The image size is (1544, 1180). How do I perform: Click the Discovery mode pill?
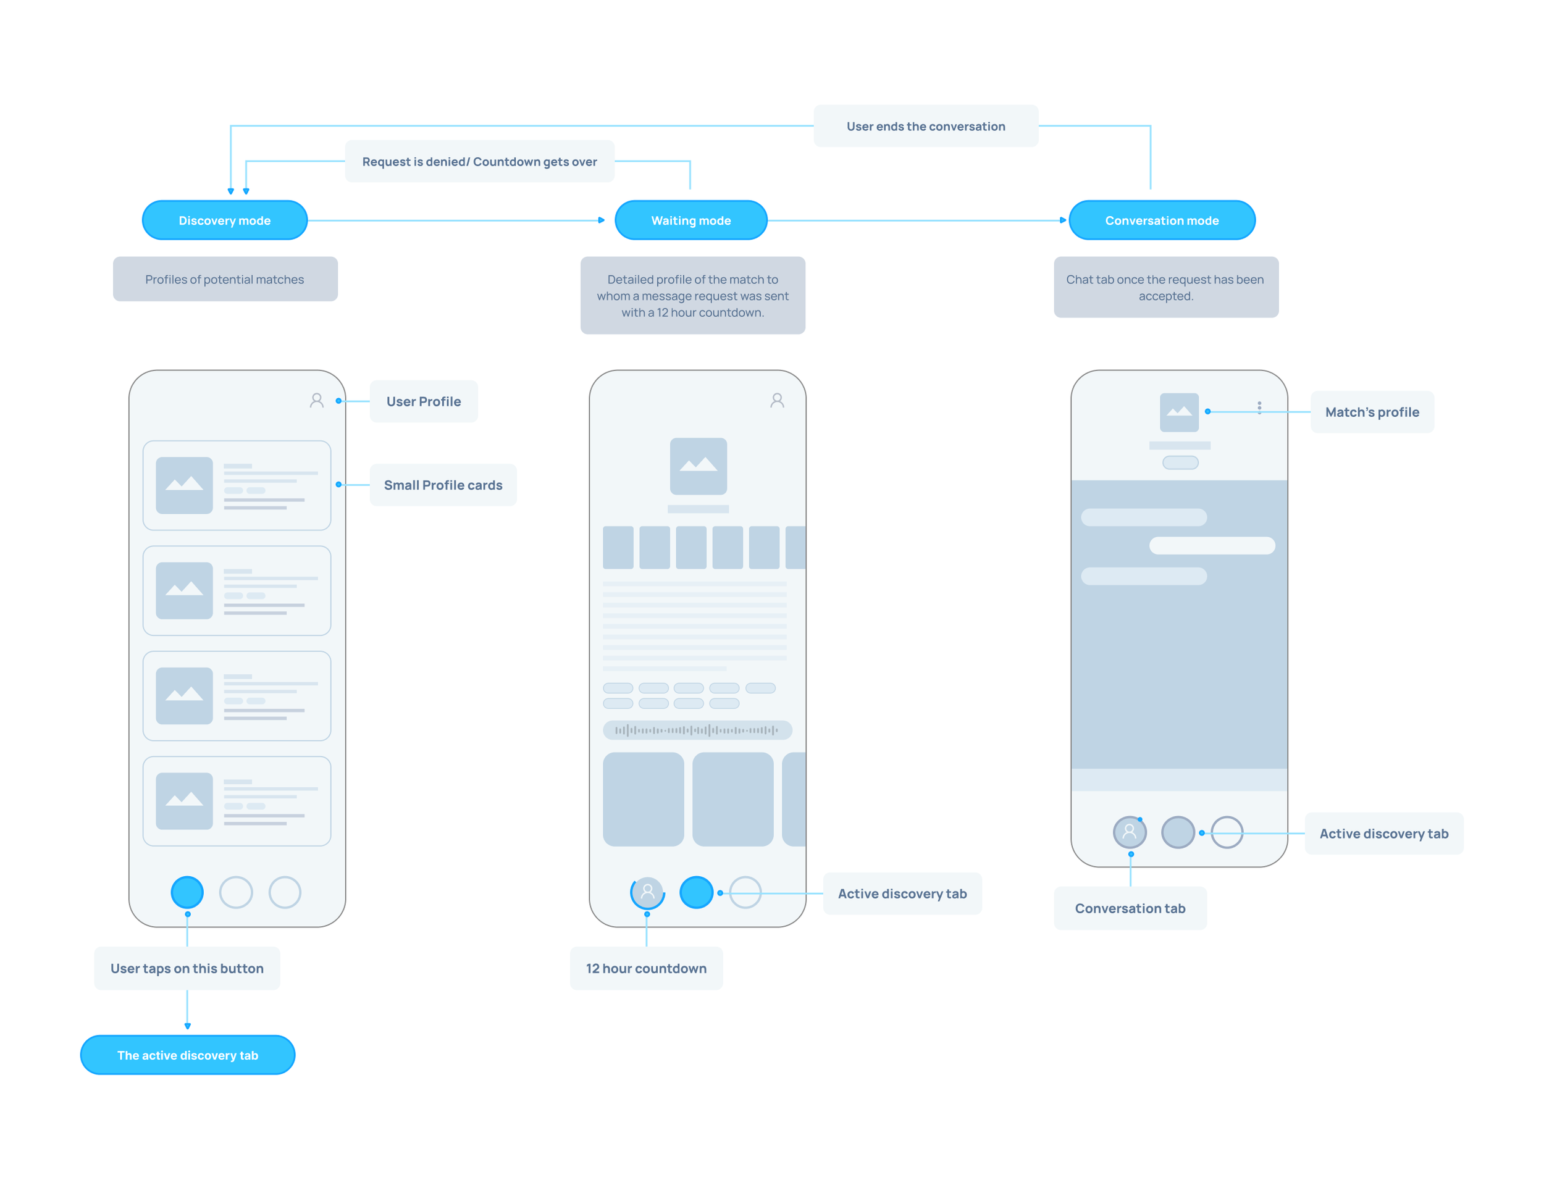[224, 219]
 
